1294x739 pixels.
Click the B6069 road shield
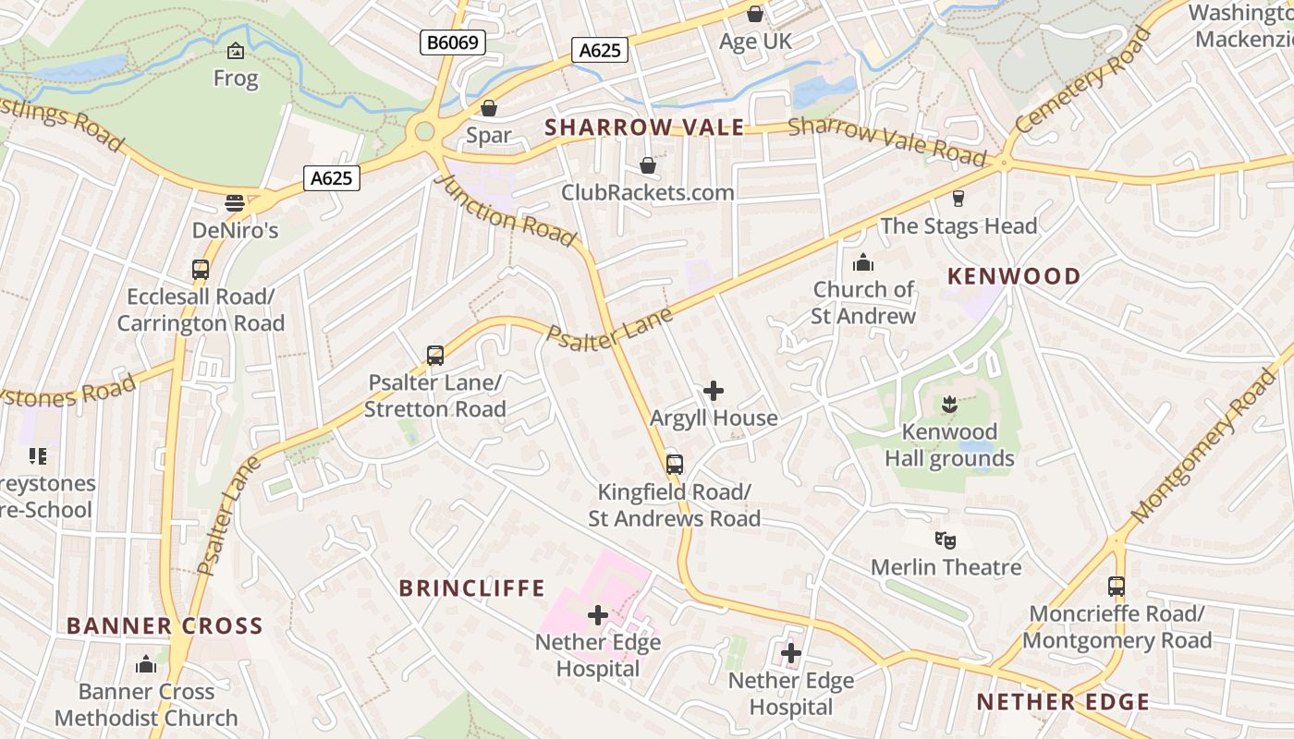point(453,42)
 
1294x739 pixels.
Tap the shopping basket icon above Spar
point(489,108)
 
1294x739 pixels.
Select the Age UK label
point(756,42)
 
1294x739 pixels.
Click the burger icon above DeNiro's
point(235,203)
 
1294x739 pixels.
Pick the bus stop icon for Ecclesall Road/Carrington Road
point(201,270)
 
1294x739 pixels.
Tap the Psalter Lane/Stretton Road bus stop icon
point(434,355)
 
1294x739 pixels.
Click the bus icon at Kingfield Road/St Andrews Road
point(675,464)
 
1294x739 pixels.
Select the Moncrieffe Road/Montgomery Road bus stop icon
point(1117,587)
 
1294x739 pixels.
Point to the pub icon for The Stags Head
point(958,198)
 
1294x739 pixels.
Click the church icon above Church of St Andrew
point(863,262)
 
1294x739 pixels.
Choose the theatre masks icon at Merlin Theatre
point(945,539)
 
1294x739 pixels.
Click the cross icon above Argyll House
point(714,391)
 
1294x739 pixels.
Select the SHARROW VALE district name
point(644,127)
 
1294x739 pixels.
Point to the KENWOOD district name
point(1014,276)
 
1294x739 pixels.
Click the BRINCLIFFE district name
point(472,588)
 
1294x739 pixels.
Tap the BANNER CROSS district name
point(165,625)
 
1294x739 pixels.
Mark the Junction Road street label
point(505,211)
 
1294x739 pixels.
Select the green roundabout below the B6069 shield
point(424,131)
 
